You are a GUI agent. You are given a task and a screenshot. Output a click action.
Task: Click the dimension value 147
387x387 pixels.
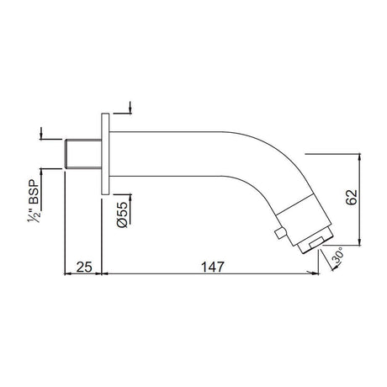(x=213, y=267)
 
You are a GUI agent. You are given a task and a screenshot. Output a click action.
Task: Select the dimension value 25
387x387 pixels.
(x=84, y=267)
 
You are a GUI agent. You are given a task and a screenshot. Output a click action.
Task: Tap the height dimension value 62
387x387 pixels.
(x=352, y=197)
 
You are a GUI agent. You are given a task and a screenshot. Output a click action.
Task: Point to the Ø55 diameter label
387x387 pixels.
(x=122, y=215)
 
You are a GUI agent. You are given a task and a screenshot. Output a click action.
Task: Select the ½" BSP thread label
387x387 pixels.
(x=34, y=200)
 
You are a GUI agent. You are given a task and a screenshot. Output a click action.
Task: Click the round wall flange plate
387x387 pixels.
(x=105, y=154)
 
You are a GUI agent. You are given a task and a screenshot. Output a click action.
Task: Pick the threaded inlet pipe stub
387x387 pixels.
(x=83, y=154)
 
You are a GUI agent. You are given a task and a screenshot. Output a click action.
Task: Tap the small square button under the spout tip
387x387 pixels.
(x=280, y=233)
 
